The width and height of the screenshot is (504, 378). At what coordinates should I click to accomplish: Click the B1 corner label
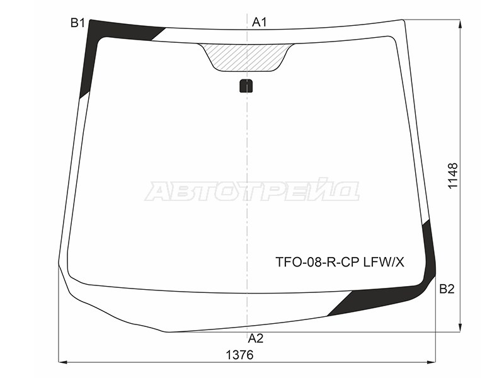coord(77,23)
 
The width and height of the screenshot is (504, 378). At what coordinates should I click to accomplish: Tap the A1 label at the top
coord(260,22)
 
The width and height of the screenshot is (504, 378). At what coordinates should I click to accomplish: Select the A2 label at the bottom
coord(256,338)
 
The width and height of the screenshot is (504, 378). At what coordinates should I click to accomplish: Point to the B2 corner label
coord(447,289)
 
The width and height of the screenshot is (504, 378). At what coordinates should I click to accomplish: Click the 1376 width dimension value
coord(240,355)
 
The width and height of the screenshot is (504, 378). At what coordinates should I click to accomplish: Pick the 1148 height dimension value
coord(452,176)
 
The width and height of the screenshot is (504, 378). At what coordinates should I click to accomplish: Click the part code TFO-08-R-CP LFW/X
coord(340,263)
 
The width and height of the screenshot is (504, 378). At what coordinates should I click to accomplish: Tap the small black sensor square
coord(246,86)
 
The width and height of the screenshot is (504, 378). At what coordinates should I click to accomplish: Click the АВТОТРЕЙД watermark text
coord(251,191)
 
